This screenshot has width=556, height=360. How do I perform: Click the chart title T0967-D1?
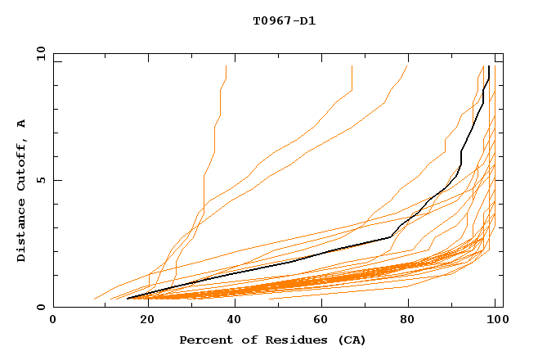click(284, 21)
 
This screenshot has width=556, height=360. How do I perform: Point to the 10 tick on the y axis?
click(41, 53)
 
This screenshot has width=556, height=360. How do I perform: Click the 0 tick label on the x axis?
click(53, 320)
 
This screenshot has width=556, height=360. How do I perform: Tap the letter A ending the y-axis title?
click(21, 124)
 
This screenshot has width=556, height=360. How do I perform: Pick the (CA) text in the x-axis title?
click(352, 340)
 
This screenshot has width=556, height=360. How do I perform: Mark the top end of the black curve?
click(488, 66)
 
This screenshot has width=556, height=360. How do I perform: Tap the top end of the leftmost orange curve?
click(226, 66)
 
